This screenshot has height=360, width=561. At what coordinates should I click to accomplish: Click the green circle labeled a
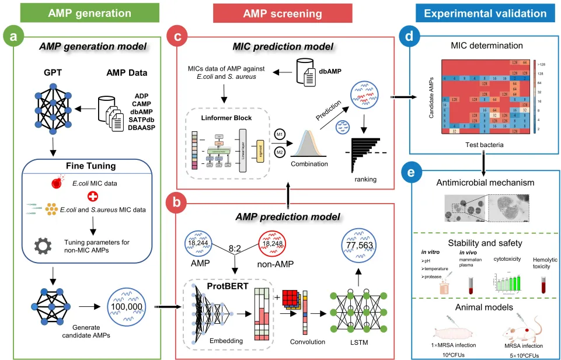[x=13, y=37]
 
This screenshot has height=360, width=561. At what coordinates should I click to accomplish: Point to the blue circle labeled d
[x=412, y=37]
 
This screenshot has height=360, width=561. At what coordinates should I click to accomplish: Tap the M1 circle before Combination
[x=280, y=134]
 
